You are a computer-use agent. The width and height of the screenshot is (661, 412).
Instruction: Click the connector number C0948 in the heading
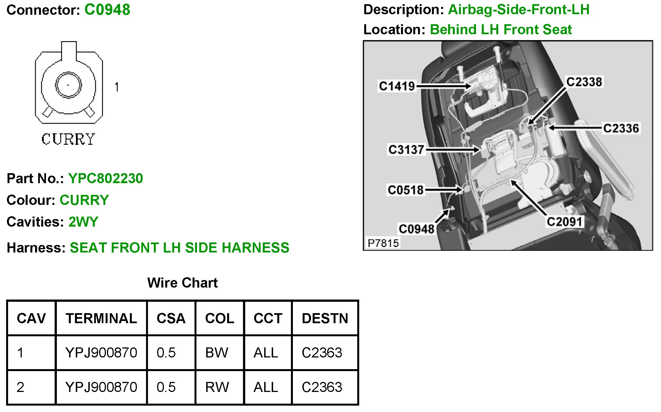(x=107, y=10)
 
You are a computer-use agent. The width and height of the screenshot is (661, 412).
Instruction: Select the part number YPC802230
(x=106, y=178)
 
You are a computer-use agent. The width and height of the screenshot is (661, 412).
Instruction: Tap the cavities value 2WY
(x=83, y=222)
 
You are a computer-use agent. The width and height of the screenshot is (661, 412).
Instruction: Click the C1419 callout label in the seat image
(x=397, y=86)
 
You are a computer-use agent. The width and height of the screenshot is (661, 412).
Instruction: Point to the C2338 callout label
(x=584, y=82)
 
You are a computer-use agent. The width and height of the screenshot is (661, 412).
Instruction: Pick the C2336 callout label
(x=621, y=128)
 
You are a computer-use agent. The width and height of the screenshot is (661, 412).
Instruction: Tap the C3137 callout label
(x=406, y=150)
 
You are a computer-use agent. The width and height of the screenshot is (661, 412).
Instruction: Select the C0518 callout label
(x=405, y=190)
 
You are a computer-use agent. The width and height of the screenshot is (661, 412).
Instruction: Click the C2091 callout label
(x=564, y=222)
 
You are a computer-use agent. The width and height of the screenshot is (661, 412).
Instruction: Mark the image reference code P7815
(x=383, y=243)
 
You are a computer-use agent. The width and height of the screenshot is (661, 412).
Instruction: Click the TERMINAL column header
(x=101, y=318)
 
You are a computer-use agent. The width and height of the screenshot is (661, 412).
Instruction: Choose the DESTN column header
(x=325, y=318)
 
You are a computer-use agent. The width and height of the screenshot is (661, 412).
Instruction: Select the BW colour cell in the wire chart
(x=217, y=353)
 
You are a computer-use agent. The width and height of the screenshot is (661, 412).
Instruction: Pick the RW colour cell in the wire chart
(x=217, y=387)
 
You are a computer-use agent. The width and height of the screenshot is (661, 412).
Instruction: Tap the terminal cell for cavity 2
(x=101, y=387)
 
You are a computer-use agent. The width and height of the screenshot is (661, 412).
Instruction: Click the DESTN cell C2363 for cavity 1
(x=322, y=353)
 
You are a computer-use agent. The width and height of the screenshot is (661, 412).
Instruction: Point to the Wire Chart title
(x=183, y=283)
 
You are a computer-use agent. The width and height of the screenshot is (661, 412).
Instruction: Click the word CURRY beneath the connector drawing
(x=68, y=139)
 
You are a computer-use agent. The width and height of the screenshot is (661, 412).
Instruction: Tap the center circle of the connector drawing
(x=68, y=85)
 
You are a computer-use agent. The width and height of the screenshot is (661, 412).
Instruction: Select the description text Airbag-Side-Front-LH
(x=519, y=10)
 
